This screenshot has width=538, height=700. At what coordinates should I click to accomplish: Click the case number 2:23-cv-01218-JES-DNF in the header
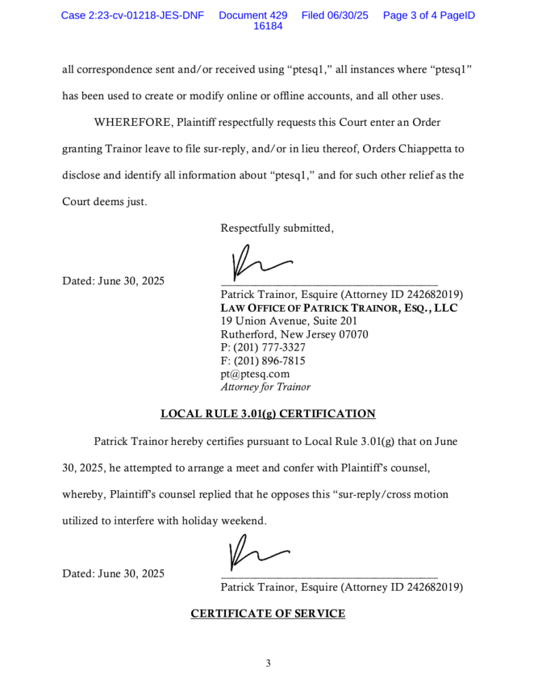[132, 15]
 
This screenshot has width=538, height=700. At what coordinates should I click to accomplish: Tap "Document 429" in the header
[253, 15]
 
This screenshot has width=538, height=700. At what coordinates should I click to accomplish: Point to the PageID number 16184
[268, 27]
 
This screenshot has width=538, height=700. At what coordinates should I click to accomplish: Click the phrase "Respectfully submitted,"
[277, 228]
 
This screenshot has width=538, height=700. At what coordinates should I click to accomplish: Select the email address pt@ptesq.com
[255, 374]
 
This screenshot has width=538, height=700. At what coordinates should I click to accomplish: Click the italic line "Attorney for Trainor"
[265, 387]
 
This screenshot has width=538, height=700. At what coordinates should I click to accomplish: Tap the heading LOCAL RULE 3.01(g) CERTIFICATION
[268, 414]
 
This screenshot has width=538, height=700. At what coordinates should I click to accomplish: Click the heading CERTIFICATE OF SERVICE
[268, 614]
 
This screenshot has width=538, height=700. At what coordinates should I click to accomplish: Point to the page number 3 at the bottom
[268, 663]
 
